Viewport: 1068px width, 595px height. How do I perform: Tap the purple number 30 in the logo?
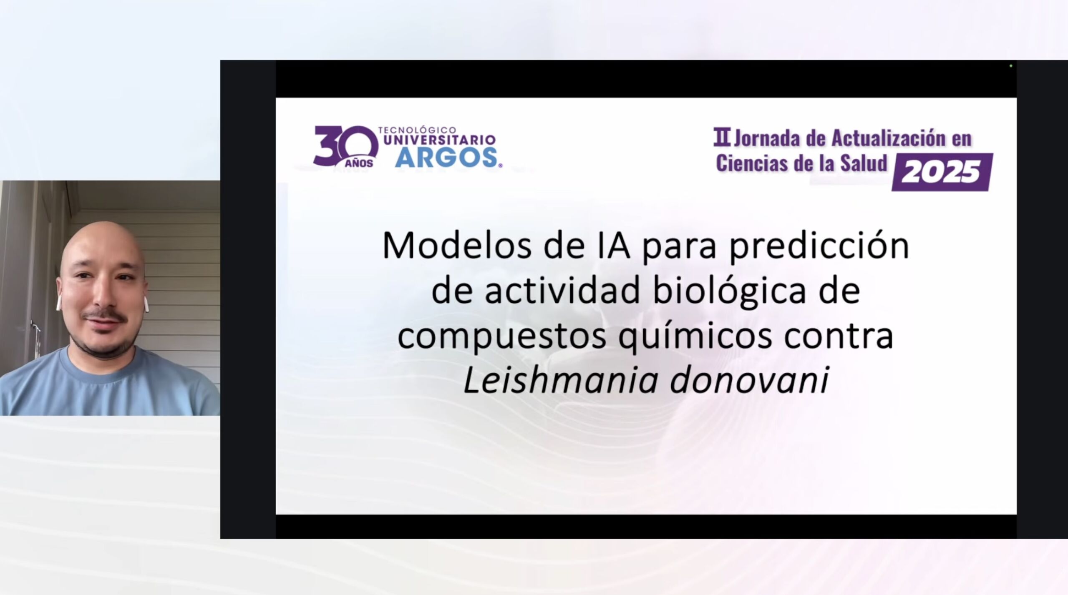(345, 146)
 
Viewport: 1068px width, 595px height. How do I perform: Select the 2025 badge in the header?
(942, 172)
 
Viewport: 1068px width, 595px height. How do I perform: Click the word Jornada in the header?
(768, 138)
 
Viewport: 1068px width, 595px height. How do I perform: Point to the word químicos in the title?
(695, 337)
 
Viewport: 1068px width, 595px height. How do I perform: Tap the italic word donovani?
(749, 380)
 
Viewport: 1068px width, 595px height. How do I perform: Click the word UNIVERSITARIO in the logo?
(439, 140)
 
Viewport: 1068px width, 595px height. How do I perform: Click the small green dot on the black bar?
(1011, 65)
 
